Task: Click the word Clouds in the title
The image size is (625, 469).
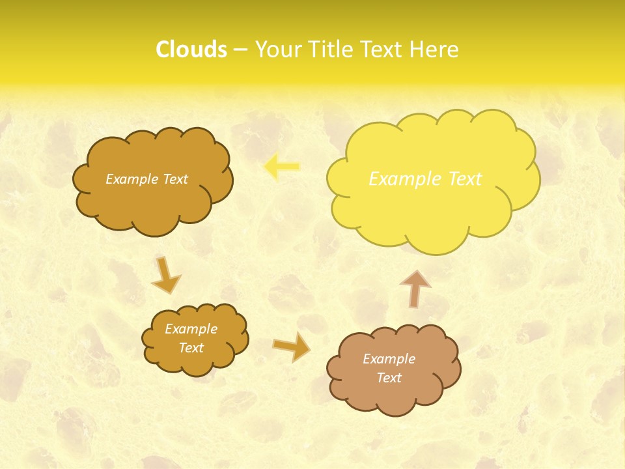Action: tap(191, 50)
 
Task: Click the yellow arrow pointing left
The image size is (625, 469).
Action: tap(282, 167)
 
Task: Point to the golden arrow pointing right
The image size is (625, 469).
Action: tap(292, 348)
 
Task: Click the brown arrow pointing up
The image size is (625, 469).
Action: tap(415, 288)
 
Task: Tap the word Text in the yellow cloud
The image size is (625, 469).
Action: tap(465, 179)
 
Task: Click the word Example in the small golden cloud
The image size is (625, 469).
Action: tap(191, 329)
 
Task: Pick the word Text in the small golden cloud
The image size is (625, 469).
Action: tap(191, 348)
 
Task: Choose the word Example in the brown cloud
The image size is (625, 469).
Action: tap(389, 359)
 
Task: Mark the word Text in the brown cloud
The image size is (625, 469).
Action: tap(389, 378)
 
